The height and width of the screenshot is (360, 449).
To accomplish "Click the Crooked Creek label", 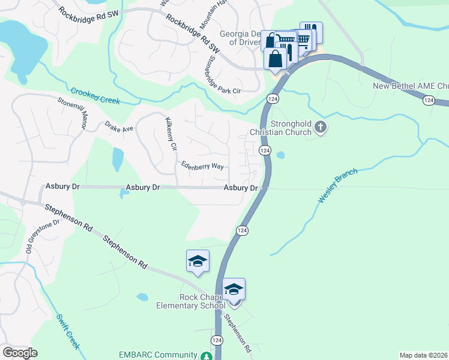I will [95, 96].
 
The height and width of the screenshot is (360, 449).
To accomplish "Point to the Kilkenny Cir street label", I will [170, 135].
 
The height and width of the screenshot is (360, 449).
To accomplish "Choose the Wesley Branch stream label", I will [337, 185].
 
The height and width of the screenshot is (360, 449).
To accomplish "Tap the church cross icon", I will [321, 127].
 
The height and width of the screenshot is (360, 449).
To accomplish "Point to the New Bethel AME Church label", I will [411, 86].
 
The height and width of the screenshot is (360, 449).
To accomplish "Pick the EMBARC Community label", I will [158, 355].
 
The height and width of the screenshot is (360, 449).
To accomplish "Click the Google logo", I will [20, 353].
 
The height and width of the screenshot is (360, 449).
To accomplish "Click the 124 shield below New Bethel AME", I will [428, 101].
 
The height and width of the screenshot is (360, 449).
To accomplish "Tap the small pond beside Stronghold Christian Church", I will [280, 155].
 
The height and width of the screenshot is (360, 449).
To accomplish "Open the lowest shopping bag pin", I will [276, 59].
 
